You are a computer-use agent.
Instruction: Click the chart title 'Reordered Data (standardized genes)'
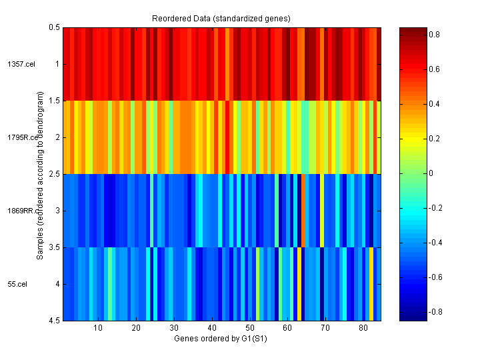click(221, 17)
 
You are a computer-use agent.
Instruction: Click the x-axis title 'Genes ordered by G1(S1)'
click(221, 339)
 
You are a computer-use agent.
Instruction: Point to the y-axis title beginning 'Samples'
click(41, 174)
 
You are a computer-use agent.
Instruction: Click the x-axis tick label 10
click(98, 328)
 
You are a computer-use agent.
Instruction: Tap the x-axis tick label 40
click(212, 328)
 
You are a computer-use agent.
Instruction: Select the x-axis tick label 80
click(363, 328)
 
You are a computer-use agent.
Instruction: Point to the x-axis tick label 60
click(287, 328)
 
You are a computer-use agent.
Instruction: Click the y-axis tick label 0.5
click(53, 27)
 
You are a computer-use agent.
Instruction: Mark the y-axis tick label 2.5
click(53, 174)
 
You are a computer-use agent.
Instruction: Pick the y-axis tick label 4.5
click(53, 321)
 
